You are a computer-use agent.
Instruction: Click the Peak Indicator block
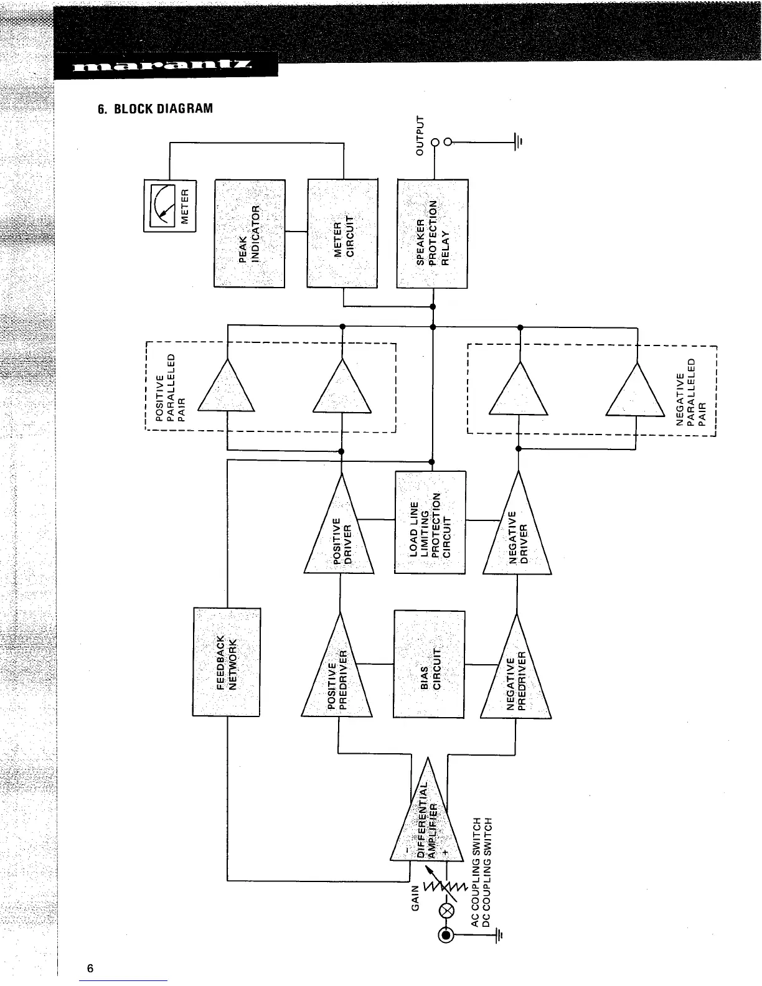[249, 233]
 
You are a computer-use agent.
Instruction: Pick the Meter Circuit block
[342, 233]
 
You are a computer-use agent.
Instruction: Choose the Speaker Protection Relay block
[432, 233]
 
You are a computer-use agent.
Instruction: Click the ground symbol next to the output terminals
[517, 141]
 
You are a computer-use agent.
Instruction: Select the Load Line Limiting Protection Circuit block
[430, 522]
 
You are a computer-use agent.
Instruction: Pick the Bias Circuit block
[430, 664]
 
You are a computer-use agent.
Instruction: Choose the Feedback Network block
[227, 662]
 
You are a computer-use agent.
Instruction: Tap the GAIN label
[416, 898]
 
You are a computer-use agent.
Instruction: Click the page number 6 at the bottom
[90, 968]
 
